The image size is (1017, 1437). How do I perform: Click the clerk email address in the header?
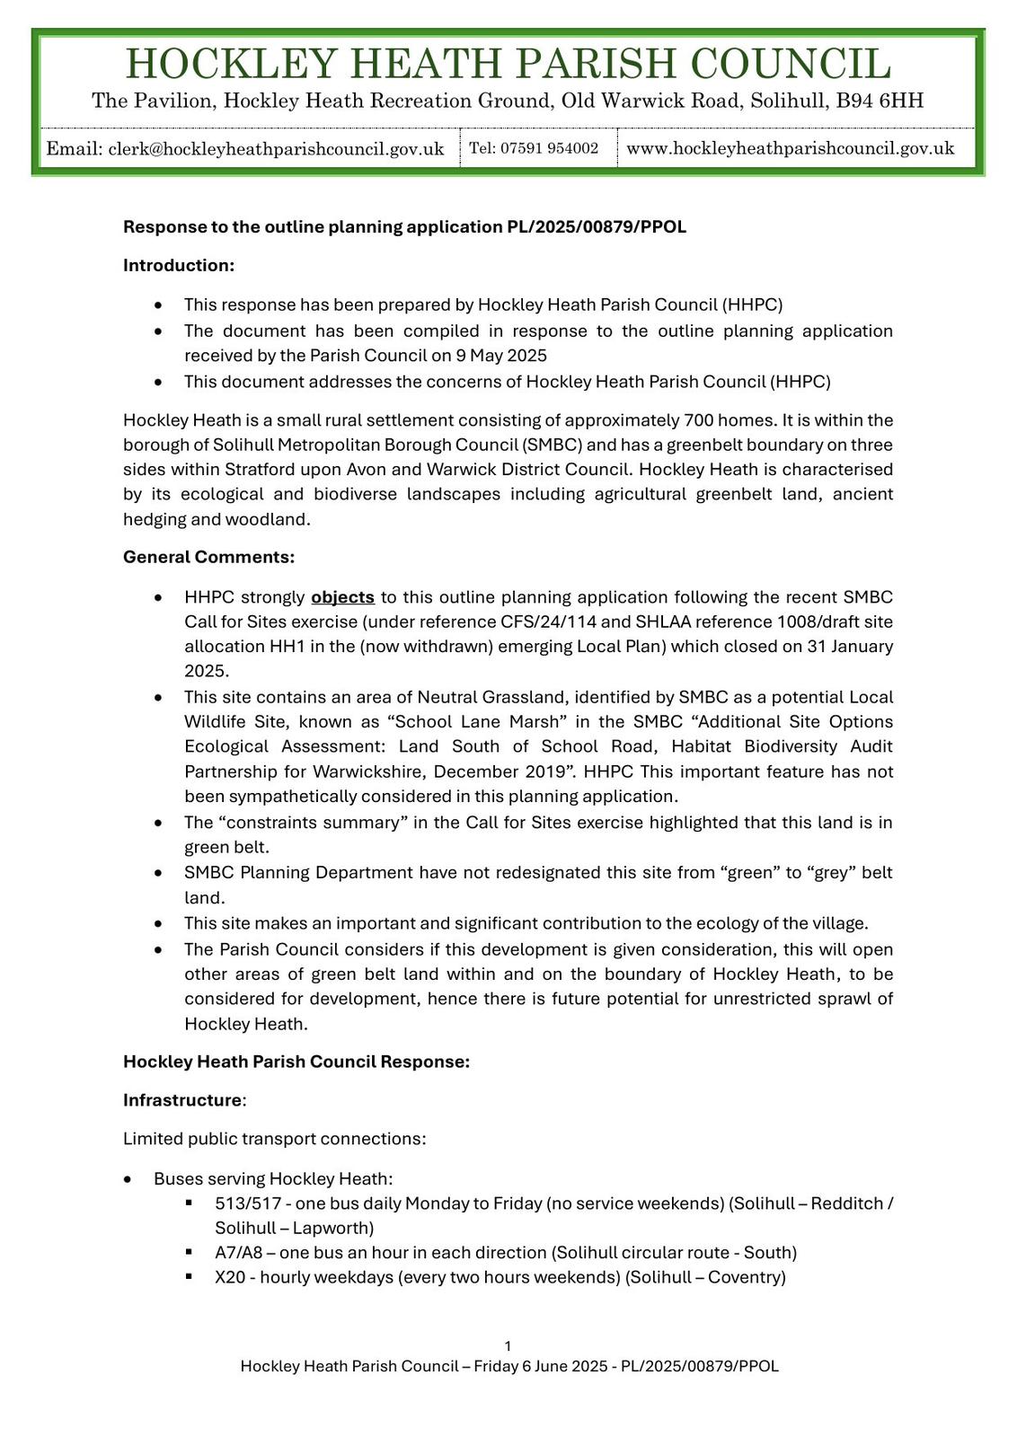coord(276,149)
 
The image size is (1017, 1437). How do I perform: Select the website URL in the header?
coord(790,148)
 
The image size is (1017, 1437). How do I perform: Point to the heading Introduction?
coord(179,265)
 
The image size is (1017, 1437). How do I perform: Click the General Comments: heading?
coord(208,557)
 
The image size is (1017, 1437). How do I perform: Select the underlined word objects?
coord(342,597)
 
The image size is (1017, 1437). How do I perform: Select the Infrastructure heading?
coord(182,1100)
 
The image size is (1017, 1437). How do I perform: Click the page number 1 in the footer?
coord(509,1345)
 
